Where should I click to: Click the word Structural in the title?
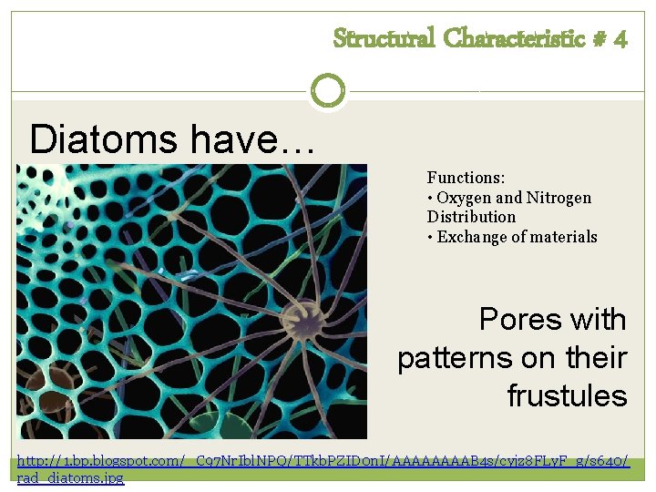point(384,38)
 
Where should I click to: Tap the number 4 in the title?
point(620,39)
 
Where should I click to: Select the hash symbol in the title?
point(600,39)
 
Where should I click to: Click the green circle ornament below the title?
point(328,90)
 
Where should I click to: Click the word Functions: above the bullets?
point(466,178)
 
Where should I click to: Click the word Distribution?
point(471,217)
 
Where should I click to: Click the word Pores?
point(520,320)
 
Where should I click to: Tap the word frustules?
point(567,396)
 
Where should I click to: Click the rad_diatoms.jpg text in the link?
point(71,478)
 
